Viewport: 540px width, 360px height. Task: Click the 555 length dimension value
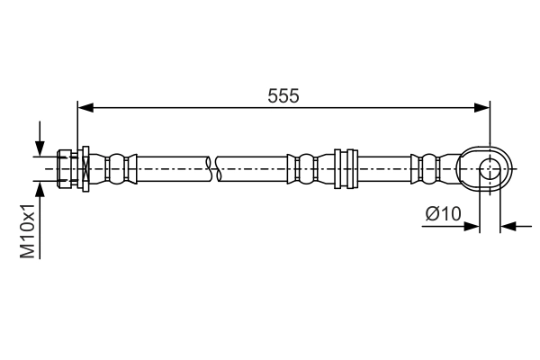click(x=283, y=94)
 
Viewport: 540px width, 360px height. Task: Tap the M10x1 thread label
click(x=28, y=230)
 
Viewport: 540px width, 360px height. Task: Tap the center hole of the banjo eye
click(x=490, y=167)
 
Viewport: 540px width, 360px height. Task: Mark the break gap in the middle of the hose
click(x=213, y=167)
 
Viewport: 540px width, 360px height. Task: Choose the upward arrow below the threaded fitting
click(x=40, y=188)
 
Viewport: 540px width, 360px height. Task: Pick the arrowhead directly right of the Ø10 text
click(x=472, y=226)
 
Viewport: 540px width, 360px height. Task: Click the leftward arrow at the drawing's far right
click(x=508, y=226)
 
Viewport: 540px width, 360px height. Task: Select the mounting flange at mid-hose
click(x=342, y=167)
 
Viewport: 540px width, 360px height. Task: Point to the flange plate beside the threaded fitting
click(x=84, y=167)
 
